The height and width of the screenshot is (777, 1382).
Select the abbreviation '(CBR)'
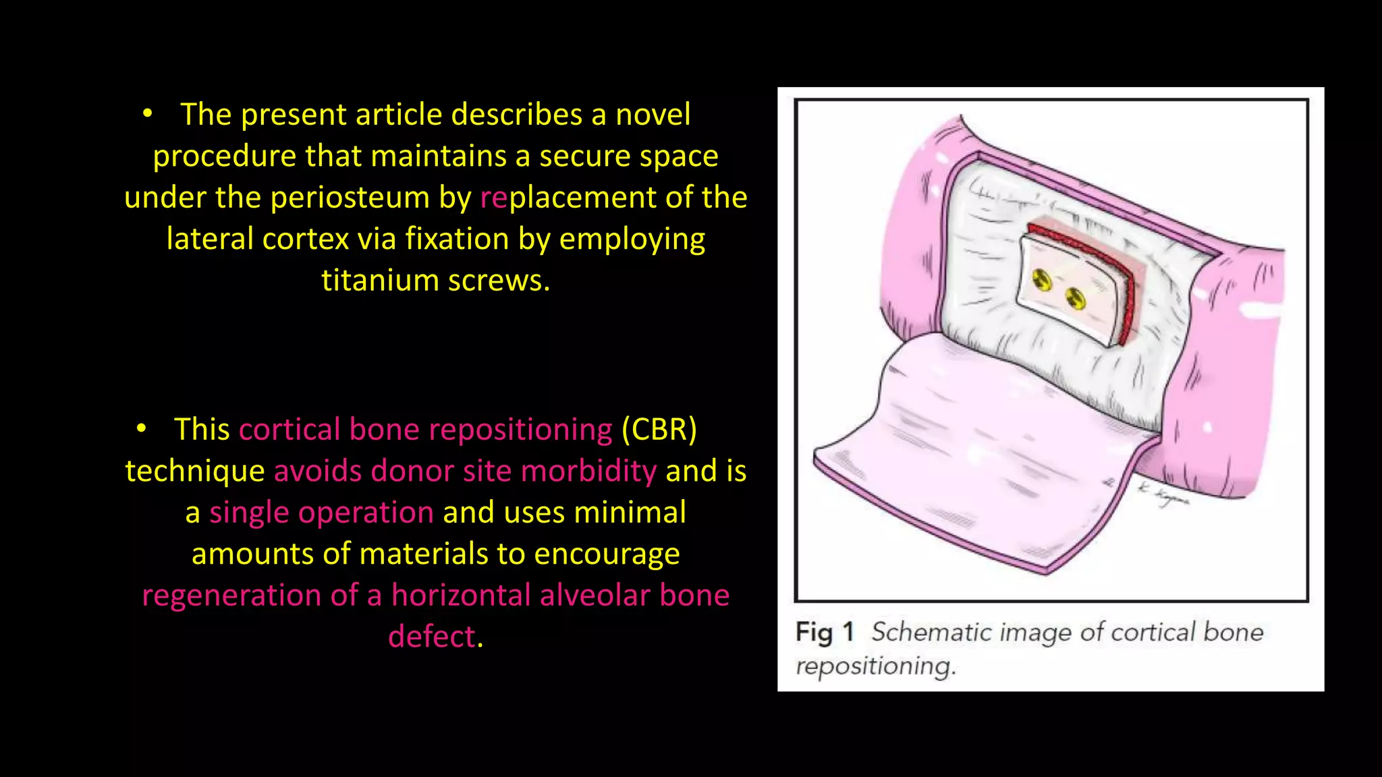[x=659, y=430]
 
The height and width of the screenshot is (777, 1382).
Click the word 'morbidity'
[x=588, y=471]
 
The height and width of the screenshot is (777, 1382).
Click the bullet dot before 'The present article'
[x=148, y=113]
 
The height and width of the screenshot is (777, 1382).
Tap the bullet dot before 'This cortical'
[x=141, y=428]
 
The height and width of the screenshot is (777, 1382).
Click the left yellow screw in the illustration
[x=1043, y=279]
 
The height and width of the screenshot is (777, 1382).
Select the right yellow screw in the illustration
[x=1076, y=297]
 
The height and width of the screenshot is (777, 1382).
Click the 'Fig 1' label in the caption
[x=825, y=633]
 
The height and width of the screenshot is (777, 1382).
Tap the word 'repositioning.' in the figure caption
[x=875, y=666]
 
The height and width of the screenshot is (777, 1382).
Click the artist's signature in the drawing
[x=1162, y=496]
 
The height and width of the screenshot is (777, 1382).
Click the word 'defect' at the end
[x=432, y=637]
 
